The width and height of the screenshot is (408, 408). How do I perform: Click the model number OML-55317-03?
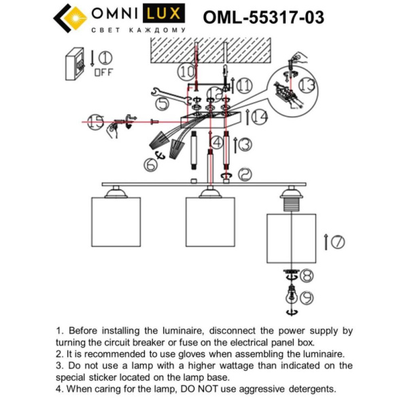(263, 18)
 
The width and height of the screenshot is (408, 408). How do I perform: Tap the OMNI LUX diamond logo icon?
(70, 18)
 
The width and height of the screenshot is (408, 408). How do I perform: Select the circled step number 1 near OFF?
(107, 57)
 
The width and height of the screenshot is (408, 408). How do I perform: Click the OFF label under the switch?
(103, 71)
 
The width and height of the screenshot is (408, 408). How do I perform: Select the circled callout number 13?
(307, 84)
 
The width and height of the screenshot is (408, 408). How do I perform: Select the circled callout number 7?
(337, 241)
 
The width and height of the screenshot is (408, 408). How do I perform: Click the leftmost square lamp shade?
(115, 221)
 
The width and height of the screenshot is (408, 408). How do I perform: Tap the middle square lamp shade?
(209, 221)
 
